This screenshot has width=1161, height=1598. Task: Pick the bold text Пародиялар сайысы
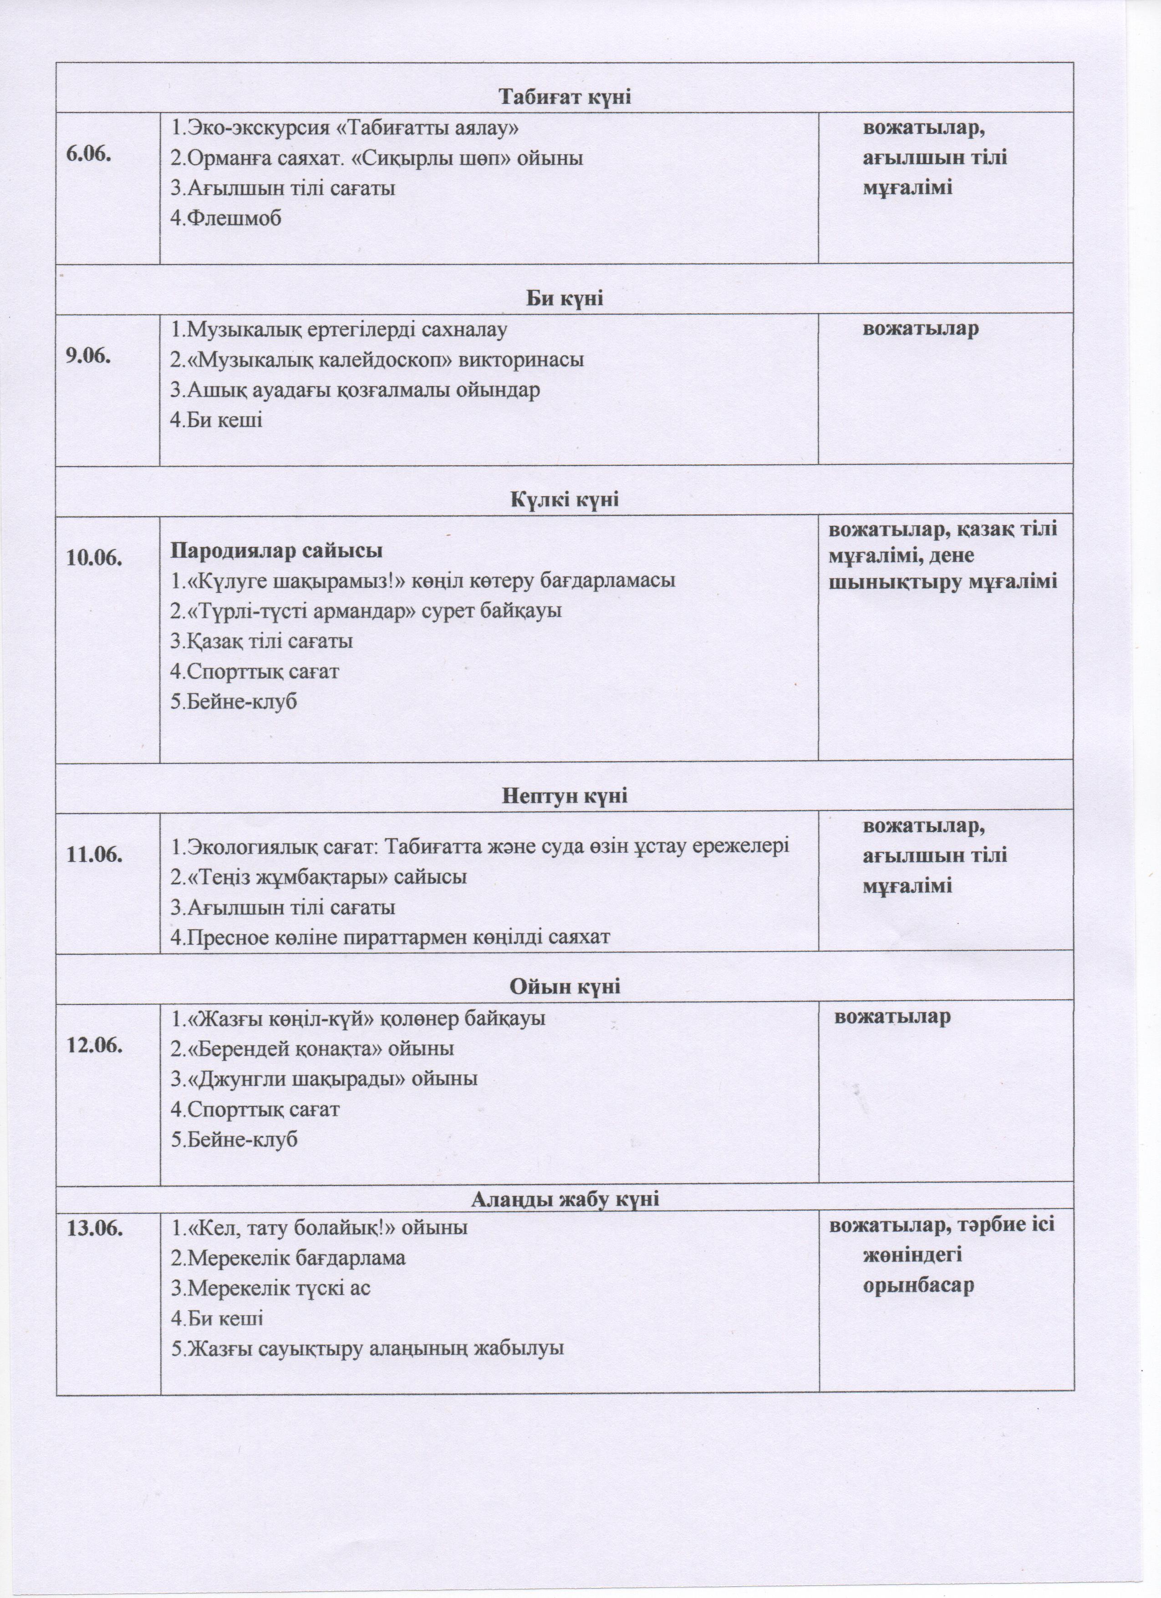click(277, 550)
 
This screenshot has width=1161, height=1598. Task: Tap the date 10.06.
click(94, 557)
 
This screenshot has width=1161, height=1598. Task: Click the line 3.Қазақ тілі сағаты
click(261, 641)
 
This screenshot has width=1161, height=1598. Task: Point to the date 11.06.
click(94, 855)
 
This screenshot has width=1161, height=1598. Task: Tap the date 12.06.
click(94, 1046)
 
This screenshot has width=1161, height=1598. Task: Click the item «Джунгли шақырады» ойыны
click(324, 1079)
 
